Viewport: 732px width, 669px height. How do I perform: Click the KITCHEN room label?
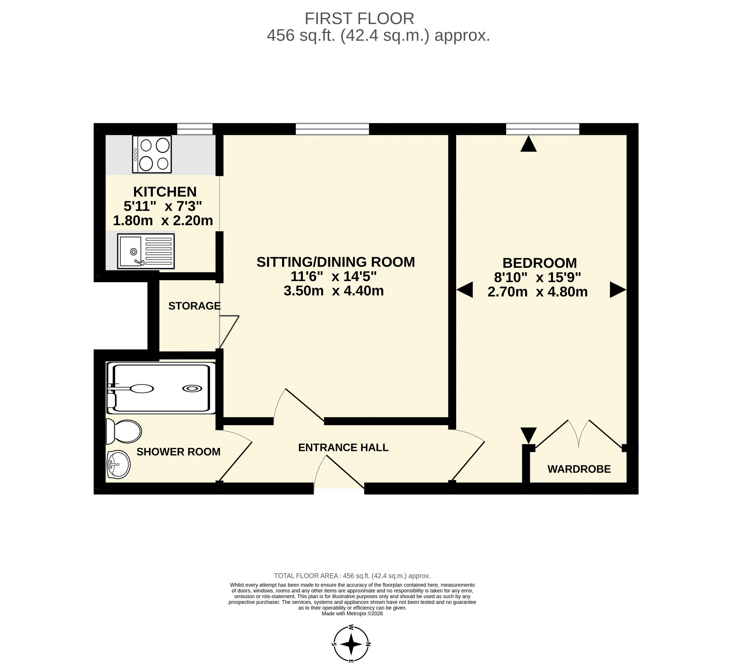[165, 192]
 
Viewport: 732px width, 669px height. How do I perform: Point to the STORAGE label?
[195, 306]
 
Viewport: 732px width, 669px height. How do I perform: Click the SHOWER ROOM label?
[178, 452]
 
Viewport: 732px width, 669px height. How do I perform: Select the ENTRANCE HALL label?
[344, 447]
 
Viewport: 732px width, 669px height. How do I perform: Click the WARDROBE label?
[579, 469]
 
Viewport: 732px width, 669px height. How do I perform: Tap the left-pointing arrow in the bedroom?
[465, 290]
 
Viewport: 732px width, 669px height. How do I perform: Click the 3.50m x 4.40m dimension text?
[334, 291]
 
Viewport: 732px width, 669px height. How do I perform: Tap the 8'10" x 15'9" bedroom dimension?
[537, 278]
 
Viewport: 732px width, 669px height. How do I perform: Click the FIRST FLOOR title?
[359, 19]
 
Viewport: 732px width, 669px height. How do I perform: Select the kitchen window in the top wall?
[195, 129]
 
